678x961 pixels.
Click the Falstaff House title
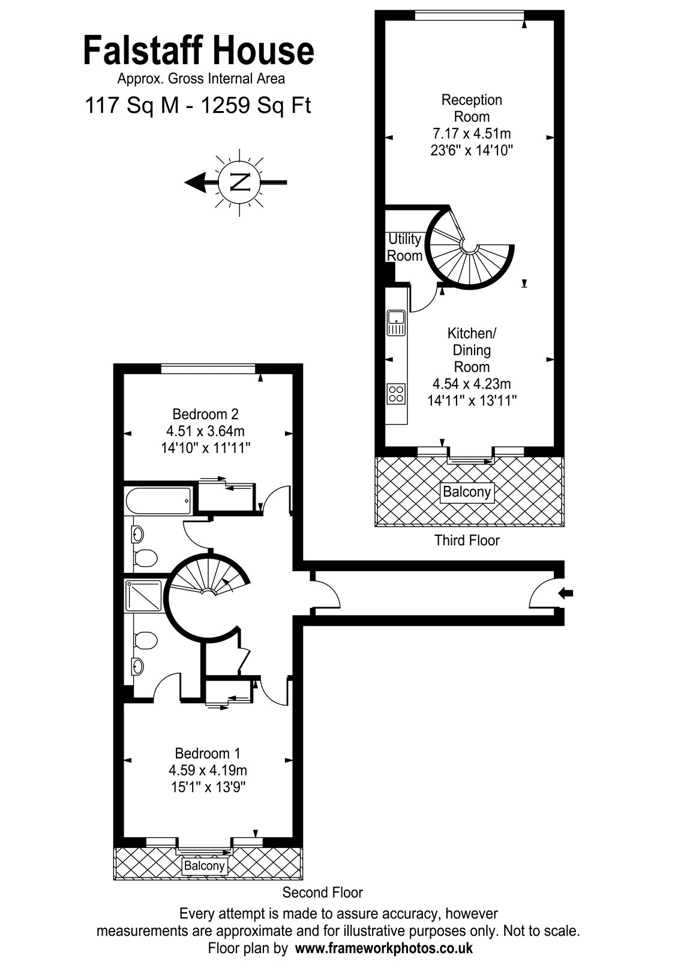[199, 51]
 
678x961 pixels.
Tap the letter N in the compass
[240, 183]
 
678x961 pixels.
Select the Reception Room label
[472, 108]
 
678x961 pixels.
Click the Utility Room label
[404, 247]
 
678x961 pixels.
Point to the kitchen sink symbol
[397, 322]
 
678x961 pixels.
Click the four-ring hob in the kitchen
[396, 394]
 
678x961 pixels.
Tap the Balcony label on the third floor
[467, 492]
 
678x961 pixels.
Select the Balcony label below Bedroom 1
[204, 866]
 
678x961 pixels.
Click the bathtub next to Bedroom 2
[158, 501]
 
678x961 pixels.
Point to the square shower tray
[144, 595]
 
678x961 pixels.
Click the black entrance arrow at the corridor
[566, 593]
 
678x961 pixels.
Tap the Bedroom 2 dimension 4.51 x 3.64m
[206, 431]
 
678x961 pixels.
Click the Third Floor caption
[467, 540]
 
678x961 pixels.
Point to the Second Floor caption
[323, 893]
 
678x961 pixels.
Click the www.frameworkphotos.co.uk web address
[384, 947]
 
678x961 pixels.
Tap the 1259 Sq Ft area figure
[256, 105]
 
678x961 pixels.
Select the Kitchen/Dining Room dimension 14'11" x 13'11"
[472, 401]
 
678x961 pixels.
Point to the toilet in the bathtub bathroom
[145, 558]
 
